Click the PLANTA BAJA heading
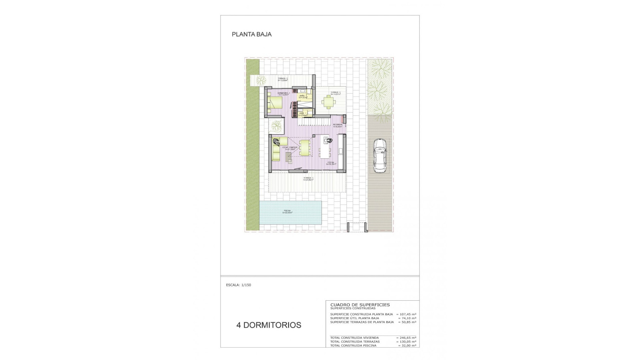[x=252, y=34]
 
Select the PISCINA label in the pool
[x=287, y=211]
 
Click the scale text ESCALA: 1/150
[x=238, y=285]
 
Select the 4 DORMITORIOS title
[x=269, y=325]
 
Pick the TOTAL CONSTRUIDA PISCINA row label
[x=353, y=346]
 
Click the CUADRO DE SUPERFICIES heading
[x=360, y=305]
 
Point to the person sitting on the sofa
[x=276, y=143]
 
